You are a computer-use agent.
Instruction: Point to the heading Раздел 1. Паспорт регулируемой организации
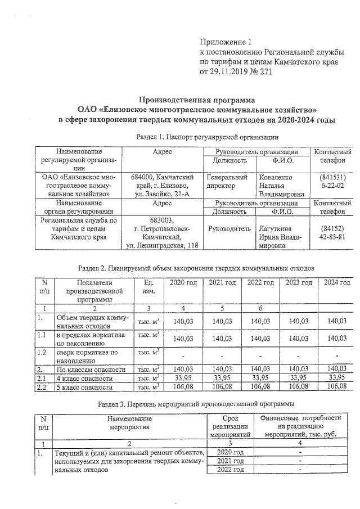tap(208, 137)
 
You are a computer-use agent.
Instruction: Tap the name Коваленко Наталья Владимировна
tap(281, 185)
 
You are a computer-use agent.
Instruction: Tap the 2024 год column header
tap(337, 282)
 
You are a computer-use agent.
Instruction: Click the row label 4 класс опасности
tap(83, 379)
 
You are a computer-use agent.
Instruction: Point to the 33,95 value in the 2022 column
tap(259, 379)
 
